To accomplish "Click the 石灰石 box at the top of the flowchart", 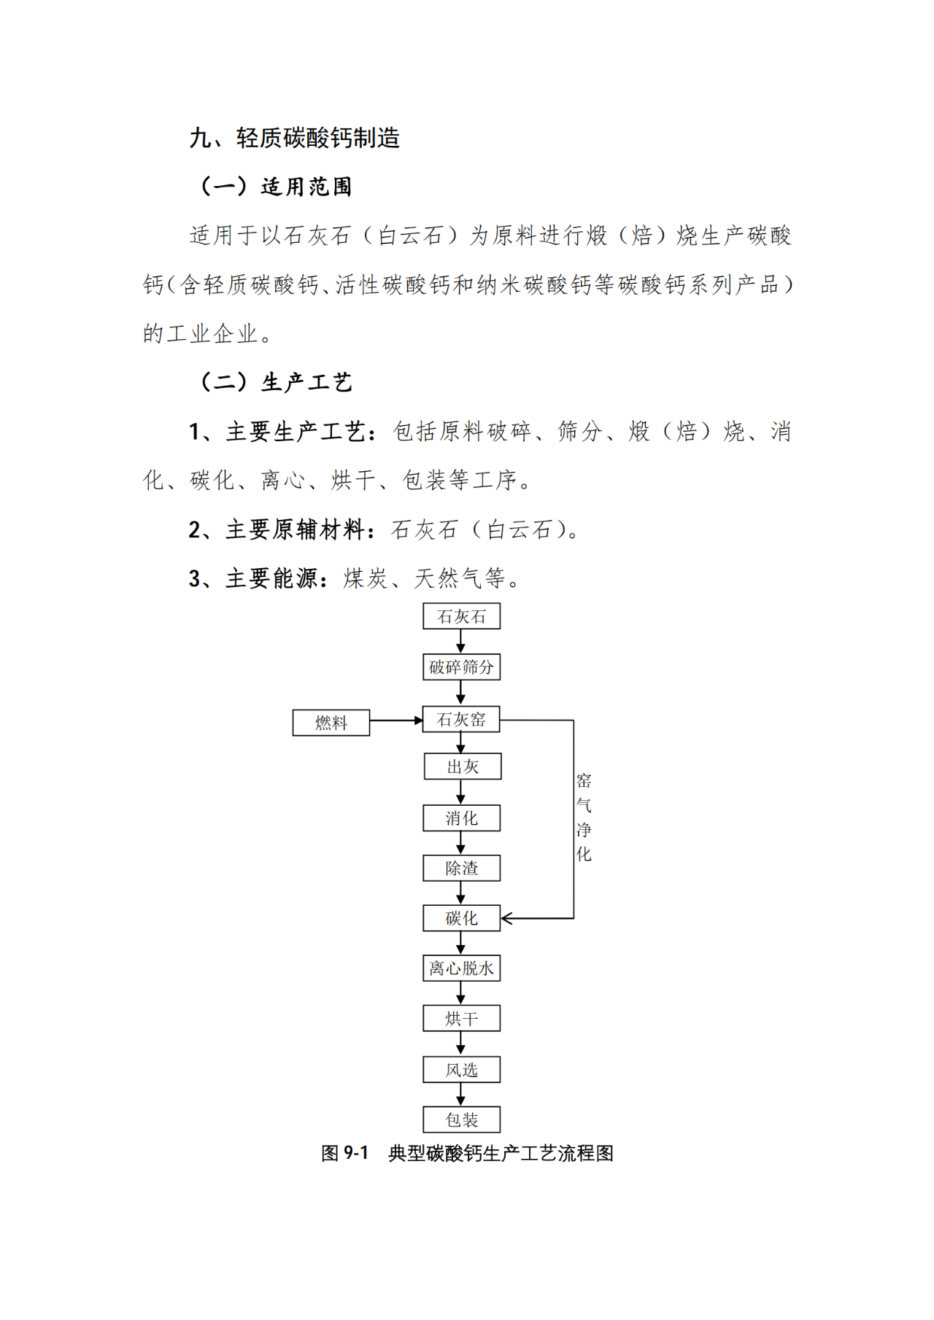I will [461, 616].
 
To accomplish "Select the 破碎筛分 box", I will [461, 667].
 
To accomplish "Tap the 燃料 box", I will [331, 723].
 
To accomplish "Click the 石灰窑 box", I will [461, 719].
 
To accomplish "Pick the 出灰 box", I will [463, 766].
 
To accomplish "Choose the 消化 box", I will [461, 818].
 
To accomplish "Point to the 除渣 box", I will [461, 868].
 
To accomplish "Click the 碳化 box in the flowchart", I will [461, 918].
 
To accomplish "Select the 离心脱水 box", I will [461, 968].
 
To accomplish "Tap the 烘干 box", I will [461, 1019].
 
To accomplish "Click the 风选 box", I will [461, 1070].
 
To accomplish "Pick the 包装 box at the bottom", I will [461, 1120].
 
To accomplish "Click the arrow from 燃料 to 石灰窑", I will [396, 721].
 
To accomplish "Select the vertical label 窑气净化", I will [584, 817].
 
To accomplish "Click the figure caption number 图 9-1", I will [344, 1153].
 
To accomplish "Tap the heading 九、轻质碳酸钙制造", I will [295, 138].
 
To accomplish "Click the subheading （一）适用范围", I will [277, 187].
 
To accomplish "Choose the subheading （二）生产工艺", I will [277, 382].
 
